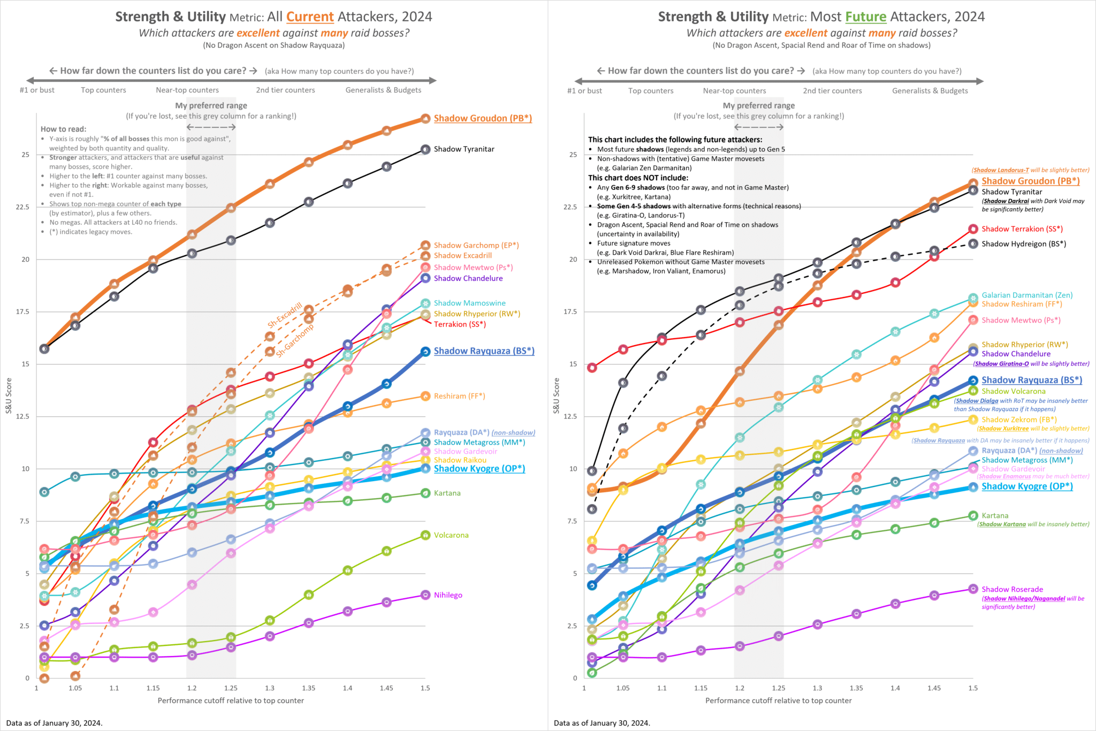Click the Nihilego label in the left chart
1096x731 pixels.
click(x=448, y=595)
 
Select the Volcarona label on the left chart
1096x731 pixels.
click(x=451, y=535)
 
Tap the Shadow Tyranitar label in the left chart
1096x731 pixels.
click(x=464, y=149)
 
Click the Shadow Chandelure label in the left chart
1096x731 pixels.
click(x=468, y=278)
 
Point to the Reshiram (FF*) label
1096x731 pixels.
click(x=459, y=396)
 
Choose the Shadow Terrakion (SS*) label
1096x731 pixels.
click(x=1022, y=229)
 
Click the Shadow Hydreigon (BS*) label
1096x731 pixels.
click(x=1024, y=244)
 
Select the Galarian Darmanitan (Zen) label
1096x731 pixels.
click(x=1027, y=295)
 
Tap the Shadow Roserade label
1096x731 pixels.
click(x=1012, y=589)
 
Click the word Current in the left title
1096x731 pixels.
click(x=310, y=17)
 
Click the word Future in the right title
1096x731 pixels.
click(x=866, y=17)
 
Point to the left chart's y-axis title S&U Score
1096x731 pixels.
click(x=9, y=395)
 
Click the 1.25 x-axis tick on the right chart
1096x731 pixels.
click(x=778, y=688)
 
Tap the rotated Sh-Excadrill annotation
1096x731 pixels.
click(x=285, y=316)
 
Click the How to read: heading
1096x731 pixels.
click(x=63, y=129)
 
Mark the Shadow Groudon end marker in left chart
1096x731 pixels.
click(x=425, y=119)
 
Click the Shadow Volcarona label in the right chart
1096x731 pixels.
click(x=1013, y=391)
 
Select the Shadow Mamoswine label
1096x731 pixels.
click(x=469, y=303)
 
